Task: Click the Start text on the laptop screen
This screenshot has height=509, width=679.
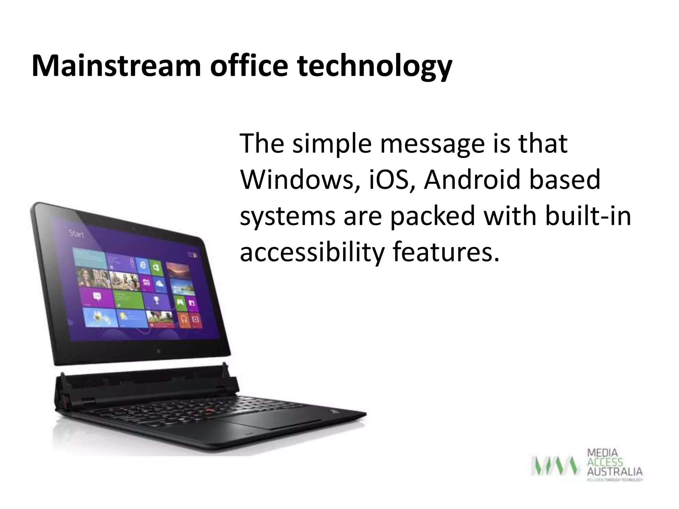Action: pos(77,234)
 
